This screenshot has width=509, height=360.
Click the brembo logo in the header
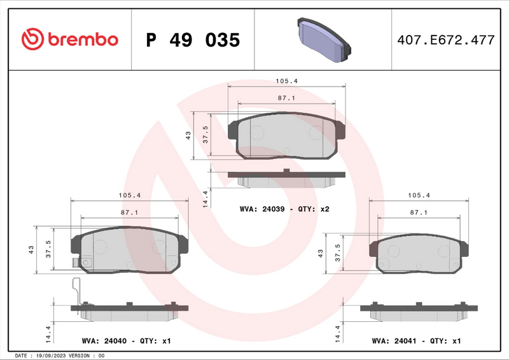click(69, 39)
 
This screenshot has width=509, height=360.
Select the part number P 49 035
click(193, 40)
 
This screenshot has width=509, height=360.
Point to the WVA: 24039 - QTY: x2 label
click(284, 209)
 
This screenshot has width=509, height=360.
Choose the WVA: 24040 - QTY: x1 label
click(127, 341)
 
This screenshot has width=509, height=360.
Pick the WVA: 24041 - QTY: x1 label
click(416, 341)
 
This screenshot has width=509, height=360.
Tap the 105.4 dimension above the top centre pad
click(286, 81)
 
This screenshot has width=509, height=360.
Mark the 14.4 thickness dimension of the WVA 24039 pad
click(205, 198)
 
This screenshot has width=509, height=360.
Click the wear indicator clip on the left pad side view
click(77, 290)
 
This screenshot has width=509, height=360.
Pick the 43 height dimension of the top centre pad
click(188, 135)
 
